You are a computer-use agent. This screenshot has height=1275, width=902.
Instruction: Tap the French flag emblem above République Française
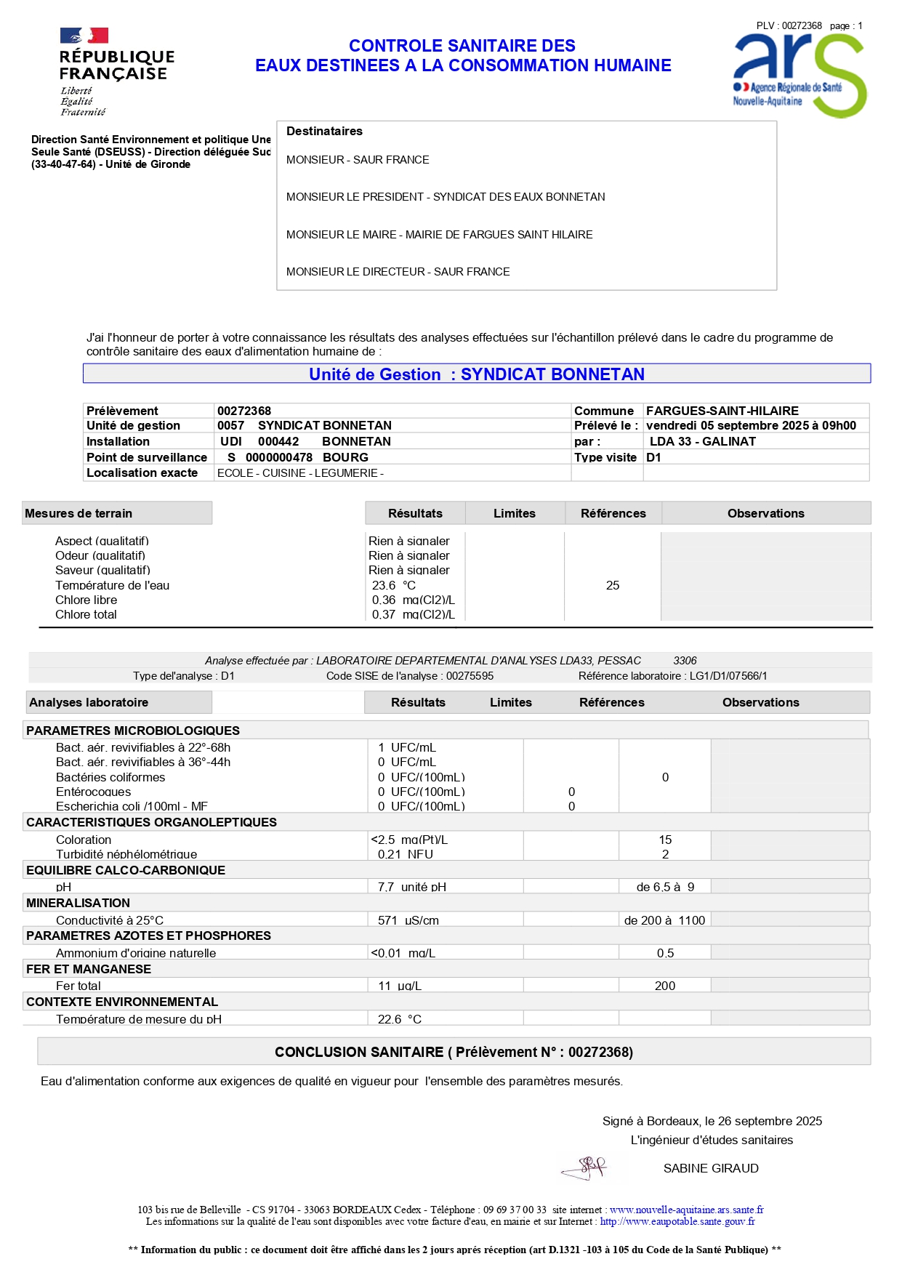(84, 36)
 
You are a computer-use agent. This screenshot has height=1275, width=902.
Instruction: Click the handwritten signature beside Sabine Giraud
(585, 1168)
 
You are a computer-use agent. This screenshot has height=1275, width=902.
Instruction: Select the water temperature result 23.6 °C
(393, 585)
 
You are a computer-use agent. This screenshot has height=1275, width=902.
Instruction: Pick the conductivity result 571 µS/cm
(408, 920)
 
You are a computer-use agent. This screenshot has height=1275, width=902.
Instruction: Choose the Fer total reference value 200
(664, 986)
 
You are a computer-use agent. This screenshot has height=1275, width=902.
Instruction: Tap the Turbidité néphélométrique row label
(126, 854)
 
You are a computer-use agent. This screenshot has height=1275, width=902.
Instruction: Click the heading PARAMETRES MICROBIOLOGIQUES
(133, 731)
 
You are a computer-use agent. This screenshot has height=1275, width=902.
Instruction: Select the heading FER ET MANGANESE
(89, 969)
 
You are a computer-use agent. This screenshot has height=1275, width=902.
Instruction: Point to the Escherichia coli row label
(132, 806)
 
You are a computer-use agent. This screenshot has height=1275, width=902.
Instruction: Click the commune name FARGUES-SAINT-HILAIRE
(722, 411)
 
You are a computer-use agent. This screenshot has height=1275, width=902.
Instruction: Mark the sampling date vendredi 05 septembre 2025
(751, 425)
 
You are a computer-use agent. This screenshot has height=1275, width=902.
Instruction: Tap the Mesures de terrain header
(78, 513)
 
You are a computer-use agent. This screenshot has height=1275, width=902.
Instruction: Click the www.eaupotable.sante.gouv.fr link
(677, 1222)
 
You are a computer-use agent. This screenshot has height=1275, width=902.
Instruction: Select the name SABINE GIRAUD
(710, 1168)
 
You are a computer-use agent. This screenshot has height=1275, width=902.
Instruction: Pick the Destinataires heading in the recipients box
(324, 131)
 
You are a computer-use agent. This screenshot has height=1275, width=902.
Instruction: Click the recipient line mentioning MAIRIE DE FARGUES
(439, 234)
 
